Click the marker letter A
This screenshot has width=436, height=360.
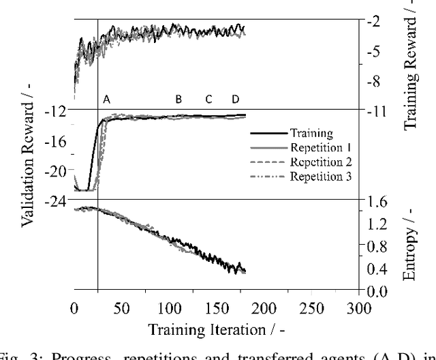(106, 100)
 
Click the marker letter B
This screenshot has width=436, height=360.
(178, 100)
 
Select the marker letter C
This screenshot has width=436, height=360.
(208, 100)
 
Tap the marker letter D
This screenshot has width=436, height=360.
(236, 100)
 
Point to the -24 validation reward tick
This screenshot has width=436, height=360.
(57, 200)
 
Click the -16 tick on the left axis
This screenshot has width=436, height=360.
(57, 140)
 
